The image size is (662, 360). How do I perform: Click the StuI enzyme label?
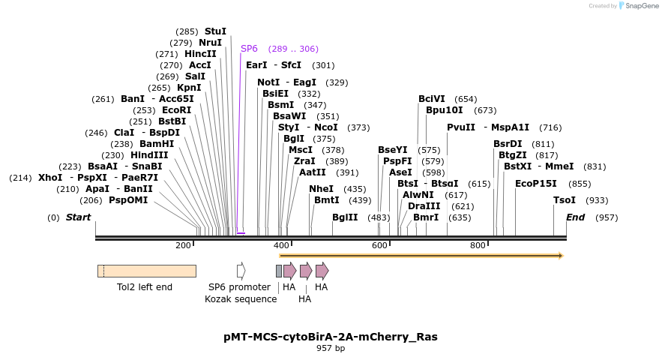pos(215,31)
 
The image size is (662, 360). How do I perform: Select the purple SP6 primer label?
pos(249,49)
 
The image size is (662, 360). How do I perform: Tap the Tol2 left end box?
pos(146,271)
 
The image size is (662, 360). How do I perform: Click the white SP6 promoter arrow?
pos(241,271)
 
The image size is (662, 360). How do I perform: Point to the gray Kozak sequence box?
pos(279,271)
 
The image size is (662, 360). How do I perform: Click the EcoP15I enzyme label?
pos(536,184)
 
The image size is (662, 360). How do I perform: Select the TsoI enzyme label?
pos(565,200)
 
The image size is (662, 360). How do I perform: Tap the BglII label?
pos(345,217)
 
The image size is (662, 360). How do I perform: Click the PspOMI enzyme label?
pos(128,200)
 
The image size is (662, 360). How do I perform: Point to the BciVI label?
pos(432,99)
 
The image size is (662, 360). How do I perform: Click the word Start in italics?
pos(78,217)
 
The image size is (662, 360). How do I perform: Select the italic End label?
pos(575,217)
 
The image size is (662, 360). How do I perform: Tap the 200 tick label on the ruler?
pos(183,245)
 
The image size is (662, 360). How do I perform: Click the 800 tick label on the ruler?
pos(478,245)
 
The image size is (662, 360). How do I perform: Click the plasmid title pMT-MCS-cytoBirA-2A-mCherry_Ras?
pos(331,337)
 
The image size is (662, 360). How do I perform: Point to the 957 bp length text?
pos(331,348)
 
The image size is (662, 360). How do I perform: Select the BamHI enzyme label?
pos(157,144)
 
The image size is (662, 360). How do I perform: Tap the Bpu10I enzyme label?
pos(445,110)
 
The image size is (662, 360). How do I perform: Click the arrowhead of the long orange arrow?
pos(559,256)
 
